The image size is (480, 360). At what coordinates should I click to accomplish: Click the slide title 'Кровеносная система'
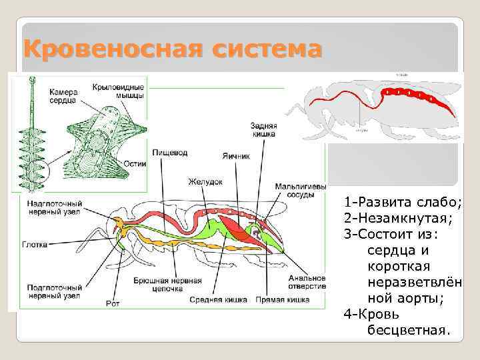[172, 49]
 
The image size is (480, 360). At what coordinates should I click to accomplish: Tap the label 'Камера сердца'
[61, 95]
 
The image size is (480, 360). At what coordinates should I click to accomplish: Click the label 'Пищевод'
[169, 153]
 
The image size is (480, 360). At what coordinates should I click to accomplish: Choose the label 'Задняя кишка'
[263, 130]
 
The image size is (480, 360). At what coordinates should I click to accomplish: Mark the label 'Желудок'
[204, 181]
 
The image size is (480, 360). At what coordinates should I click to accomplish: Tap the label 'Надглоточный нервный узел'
[54, 207]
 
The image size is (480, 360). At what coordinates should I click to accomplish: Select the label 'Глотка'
[34, 244]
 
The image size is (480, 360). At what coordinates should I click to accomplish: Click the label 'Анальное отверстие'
[307, 281]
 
